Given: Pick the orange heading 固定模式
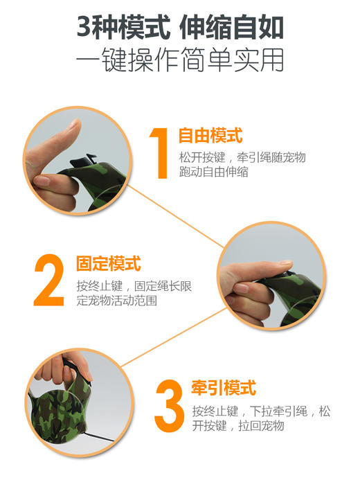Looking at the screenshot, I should point(108,264).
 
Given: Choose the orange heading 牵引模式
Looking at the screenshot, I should point(223,386).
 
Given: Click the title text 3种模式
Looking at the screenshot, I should point(123,29).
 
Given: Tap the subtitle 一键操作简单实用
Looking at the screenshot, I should point(179,62).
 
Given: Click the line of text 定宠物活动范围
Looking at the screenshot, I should point(115,302).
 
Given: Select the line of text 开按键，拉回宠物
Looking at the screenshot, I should point(238,425).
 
